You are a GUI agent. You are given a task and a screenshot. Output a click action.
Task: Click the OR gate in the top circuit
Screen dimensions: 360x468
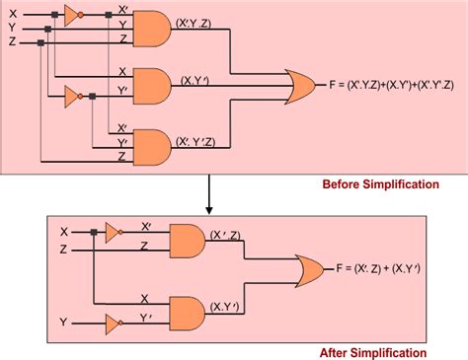tap(300, 87)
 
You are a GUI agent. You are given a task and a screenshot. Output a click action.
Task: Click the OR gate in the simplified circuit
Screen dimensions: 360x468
tap(309, 268)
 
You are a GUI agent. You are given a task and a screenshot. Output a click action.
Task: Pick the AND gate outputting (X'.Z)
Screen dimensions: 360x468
tap(189, 237)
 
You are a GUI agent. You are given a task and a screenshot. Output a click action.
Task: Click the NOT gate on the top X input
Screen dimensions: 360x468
tap(71, 14)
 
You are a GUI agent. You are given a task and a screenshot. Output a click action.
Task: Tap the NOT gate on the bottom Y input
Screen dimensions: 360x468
tap(113, 322)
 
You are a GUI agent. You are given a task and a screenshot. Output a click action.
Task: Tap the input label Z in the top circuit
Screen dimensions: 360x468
tap(12, 42)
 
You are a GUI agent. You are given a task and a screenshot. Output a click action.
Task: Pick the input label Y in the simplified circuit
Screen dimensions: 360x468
tap(64, 322)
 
